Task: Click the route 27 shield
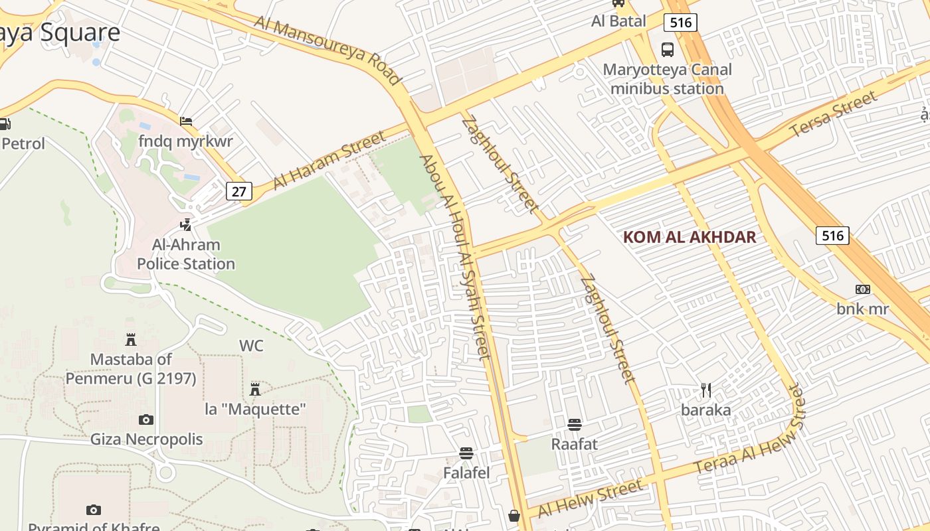[239, 192]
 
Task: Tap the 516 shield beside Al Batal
[680, 23]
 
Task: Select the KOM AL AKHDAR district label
[690, 237]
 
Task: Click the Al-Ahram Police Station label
[186, 254]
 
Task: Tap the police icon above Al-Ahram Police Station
[186, 225]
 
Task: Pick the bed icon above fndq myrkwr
[186, 121]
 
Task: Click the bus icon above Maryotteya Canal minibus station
[667, 50]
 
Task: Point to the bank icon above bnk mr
[862, 289]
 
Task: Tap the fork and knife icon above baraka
[705, 390]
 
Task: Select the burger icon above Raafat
[575, 424]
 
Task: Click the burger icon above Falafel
[466, 453]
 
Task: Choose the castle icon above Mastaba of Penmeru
[131, 340]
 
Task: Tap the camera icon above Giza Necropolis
[146, 419]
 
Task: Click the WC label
[251, 346]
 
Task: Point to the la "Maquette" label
[255, 409]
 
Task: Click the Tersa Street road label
[833, 115]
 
